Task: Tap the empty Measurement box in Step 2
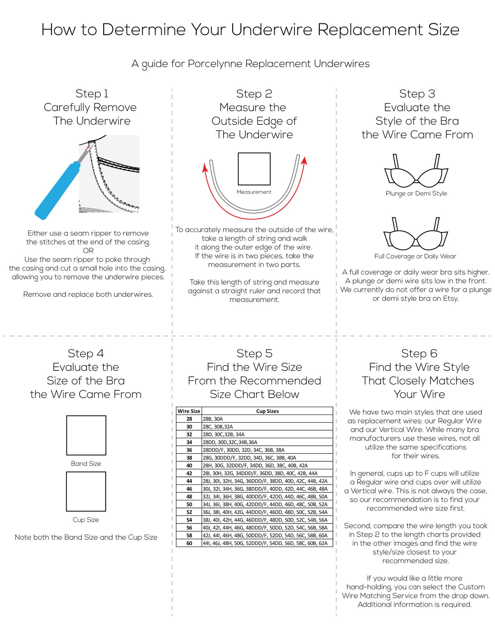(254, 169)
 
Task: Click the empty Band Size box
(86, 435)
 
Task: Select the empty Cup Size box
(86, 491)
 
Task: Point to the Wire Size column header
(189, 411)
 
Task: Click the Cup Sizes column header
(267, 411)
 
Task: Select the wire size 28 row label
(189, 419)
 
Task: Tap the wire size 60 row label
(189, 543)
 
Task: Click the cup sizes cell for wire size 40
(267, 465)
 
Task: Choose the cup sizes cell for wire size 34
(267, 442)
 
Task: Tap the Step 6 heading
(419, 353)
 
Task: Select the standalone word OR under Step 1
(88, 250)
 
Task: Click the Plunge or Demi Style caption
(416, 193)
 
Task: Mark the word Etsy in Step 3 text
(450, 299)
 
